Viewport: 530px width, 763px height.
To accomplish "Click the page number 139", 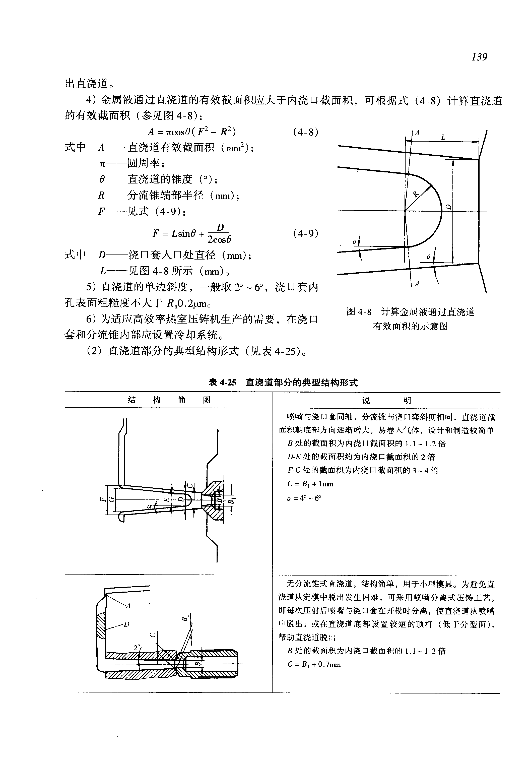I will (x=479, y=57).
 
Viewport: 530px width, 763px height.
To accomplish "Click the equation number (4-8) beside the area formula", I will (x=305, y=132).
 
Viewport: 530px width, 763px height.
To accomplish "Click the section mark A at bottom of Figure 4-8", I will (x=417, y=284).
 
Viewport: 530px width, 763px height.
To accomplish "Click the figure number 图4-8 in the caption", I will (x=359, y=311).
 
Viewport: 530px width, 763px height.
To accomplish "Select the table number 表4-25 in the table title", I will (x=222, y=383).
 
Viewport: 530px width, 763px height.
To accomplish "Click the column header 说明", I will (x=386, y=401).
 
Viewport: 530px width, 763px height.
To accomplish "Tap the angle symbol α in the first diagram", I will (x=150, y=506).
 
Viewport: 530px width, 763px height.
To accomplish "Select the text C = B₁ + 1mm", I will (x=310, y=484).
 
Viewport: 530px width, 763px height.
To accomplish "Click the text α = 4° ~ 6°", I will (x=304, y=498).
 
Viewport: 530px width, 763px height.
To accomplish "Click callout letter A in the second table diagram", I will (x=128, y=605).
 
